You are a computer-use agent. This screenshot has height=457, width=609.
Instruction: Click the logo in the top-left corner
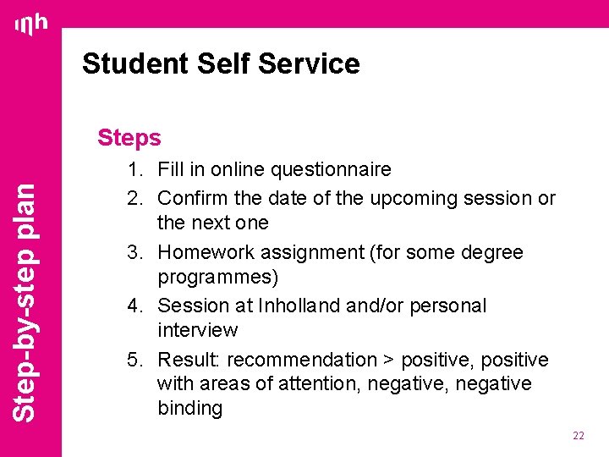click(31, 26)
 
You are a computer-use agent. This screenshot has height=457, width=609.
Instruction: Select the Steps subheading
click(129, 137)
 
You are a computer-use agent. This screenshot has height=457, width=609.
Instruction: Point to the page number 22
click(579, 435)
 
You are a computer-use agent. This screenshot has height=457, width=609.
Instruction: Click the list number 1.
click(134, 170)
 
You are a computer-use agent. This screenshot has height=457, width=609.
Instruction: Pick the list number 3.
click(134, 252)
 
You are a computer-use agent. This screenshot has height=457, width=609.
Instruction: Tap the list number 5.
click(134, 360)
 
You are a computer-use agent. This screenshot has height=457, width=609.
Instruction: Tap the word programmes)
click(218, 277)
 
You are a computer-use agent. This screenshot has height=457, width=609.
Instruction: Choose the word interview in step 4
click(197, 330)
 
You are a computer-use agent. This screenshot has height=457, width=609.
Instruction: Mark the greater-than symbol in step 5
click(388, 361)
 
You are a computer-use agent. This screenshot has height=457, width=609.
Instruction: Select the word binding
click(189, 409)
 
